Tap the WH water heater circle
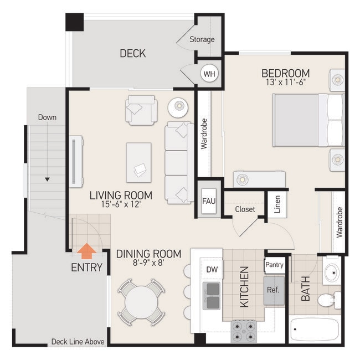[209, 74]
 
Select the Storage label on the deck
[202, 39]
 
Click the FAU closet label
[208, 200]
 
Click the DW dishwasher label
[211, 269]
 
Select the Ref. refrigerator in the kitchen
[273, 290]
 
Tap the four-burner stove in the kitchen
[244, 331]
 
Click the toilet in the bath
[329, 300]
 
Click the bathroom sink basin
[332, 272]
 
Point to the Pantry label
[274, 265]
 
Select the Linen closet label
[277, 204]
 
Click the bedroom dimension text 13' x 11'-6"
[285, 83]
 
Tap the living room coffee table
[138, 162]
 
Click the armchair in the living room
[140, 109]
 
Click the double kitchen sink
[211, 295]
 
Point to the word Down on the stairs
[47, 117]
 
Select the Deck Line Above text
[78, 342]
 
